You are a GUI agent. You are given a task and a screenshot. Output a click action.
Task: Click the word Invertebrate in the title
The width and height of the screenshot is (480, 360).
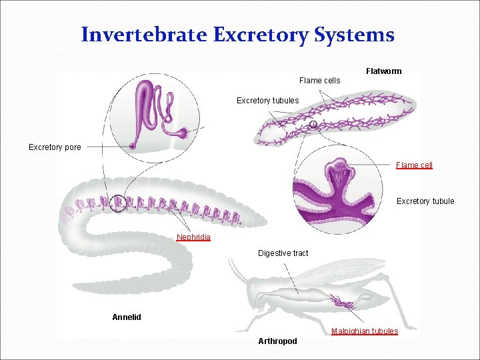click(143, 35)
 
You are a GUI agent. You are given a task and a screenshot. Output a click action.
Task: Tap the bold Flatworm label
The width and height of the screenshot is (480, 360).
click(384, 71)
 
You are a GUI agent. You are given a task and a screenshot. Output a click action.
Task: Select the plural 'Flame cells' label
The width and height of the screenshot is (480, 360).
click(319, 81)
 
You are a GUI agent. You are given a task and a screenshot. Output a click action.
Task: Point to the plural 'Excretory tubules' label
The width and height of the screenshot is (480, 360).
click(268, 101)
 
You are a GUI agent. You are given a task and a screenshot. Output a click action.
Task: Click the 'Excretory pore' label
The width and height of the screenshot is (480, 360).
click(55, 147)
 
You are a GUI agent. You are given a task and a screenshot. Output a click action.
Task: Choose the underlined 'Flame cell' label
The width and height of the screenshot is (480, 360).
click(414, 165)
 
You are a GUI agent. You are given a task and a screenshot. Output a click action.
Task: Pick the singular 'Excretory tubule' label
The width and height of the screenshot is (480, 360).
click(425, 201)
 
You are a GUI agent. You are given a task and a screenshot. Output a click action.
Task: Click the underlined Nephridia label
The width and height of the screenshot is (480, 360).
click(193, 237)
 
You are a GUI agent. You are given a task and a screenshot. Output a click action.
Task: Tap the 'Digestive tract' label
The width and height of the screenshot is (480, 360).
click(283, 253)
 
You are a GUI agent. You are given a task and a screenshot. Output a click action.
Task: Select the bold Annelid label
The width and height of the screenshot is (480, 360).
click(127, 317)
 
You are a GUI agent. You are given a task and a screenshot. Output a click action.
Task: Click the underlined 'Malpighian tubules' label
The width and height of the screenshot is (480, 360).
click(365, 331)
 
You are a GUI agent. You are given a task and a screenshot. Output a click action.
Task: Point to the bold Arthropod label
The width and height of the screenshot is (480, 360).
click(277, 341)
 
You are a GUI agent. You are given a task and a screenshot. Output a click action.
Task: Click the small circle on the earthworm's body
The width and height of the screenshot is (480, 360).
click(118, 202)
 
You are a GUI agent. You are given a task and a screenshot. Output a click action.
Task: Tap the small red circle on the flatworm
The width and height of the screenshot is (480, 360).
click(313, 124)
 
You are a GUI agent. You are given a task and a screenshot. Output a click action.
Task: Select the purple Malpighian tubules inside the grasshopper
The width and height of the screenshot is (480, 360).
click(343, 303)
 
